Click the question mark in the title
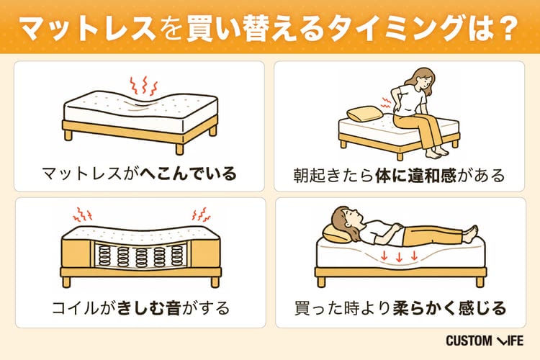pos(508,28)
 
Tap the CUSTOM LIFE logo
pos(485,341)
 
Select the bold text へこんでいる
pos(189,174)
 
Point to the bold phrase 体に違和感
pos(416,175)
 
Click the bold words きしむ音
pos(149,307)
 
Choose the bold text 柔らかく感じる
pos(449,307)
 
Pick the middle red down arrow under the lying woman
pos(399,256)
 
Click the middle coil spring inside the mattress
pos(141,257)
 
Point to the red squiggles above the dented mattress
pos(143,86)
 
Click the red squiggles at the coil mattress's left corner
pos(83,215)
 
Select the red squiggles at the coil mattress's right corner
pos(201,215)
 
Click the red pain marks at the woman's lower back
pos(387,102)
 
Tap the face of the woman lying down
pos(352,217)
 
